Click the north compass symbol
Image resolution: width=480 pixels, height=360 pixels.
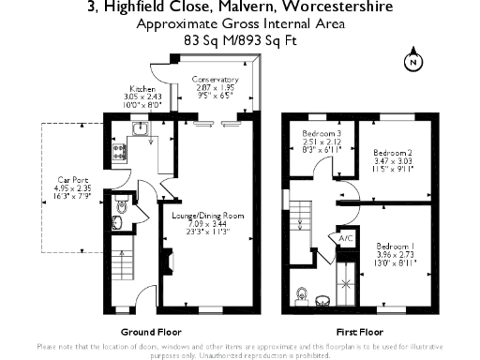[411, 63]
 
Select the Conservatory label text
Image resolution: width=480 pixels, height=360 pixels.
[215, 80]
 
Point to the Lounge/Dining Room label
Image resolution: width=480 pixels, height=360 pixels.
[207, 216]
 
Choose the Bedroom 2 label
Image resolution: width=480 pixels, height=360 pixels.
[392, 152]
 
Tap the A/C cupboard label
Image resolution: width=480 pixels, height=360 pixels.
[345, 239]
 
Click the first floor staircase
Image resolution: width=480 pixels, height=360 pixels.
[305, 218]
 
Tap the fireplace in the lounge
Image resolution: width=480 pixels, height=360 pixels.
[169, 258]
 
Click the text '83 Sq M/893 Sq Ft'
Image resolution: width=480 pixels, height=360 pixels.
[240, 40]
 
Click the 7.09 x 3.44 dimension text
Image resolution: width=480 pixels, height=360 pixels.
[207, 225]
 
